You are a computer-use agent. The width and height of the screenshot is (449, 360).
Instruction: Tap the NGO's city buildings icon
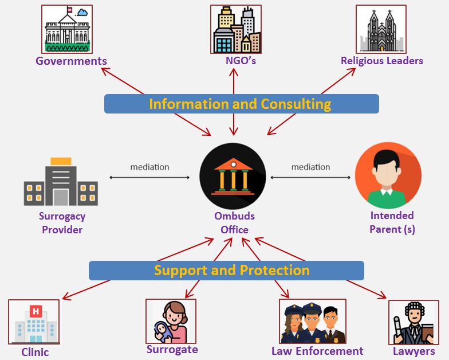point(235,29)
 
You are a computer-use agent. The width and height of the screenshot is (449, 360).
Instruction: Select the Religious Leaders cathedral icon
point(381,29)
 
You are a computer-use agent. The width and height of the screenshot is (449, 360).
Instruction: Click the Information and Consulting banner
point(241,104)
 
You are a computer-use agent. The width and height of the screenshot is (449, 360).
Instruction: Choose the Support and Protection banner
point(226,270)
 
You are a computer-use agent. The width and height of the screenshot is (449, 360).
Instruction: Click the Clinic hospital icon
point(34,323)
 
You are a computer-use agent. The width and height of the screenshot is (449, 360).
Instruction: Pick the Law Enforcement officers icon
point(312,321)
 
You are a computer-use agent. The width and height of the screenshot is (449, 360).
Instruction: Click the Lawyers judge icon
point(413,322)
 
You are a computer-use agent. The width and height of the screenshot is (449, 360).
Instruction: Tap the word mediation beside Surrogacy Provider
point(149,167)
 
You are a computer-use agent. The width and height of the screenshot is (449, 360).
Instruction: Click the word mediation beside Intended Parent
point(310,167)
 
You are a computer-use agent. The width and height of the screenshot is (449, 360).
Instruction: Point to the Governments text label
point(71,61)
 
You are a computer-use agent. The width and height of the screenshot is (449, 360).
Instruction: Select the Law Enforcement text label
point(317,351)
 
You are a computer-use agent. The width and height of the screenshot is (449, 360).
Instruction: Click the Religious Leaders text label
point(381,60)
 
